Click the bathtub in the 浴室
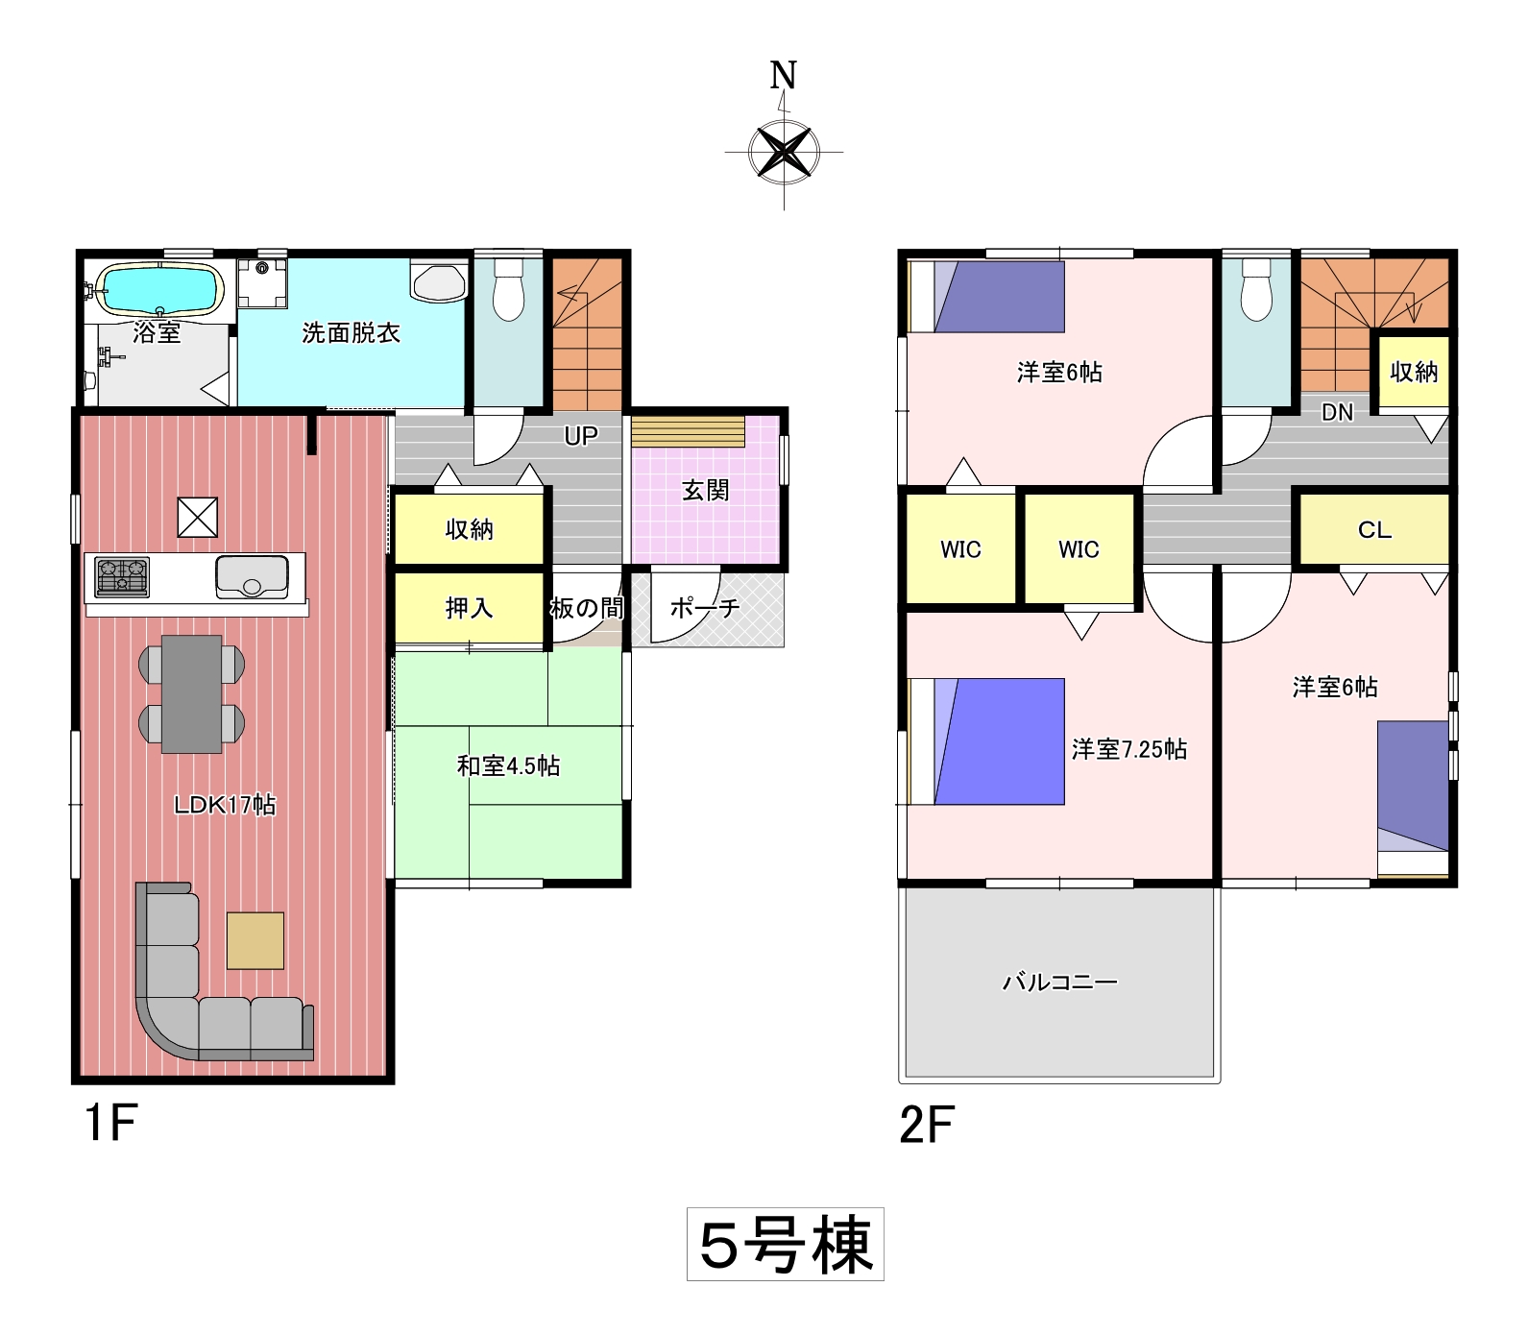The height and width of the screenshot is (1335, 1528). [x=159, y=289]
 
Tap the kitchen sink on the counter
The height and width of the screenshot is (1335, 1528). [x=252, y=576]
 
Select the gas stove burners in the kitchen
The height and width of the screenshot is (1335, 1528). [x=122, y=576]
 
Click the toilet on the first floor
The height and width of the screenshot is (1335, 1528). [x=508, y=289]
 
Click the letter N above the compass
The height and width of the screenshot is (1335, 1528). [x=784, y=75]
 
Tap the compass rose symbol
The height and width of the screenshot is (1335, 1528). [x=785, y=152]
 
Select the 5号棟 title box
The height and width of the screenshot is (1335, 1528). [x=785, y=1244]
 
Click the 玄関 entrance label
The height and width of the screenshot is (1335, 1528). [x=706, y=491]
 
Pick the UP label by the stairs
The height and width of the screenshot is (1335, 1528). [x=581, y=436]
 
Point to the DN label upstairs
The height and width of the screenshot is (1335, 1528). [x=1337, y=412]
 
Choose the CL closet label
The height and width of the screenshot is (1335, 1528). [x=1374, y=530]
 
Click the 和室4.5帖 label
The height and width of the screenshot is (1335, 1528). [x=508, y=765]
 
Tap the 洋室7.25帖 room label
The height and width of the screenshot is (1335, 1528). [x=1129, y=749]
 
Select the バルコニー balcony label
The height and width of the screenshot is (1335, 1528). [x=1060, y=983]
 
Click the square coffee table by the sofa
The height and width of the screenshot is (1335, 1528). [x=255, y=940]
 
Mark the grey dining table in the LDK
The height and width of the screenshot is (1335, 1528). [x=192, y=693]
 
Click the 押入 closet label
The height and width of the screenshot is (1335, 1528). [x=469, y=608]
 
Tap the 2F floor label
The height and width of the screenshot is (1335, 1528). [x=926, y=1125]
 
